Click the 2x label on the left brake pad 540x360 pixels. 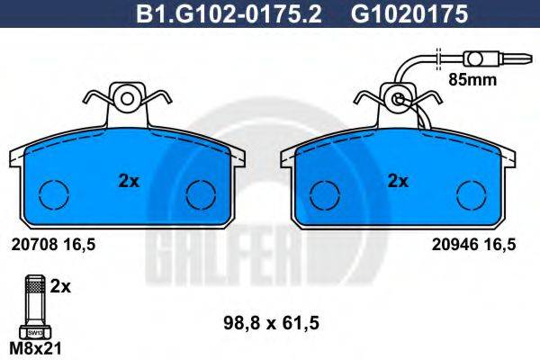point(129,181)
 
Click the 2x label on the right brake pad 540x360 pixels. point(398,181)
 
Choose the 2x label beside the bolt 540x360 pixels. point(60,287)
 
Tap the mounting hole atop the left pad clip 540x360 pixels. point(127,97)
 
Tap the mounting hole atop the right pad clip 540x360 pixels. point(397,98)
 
